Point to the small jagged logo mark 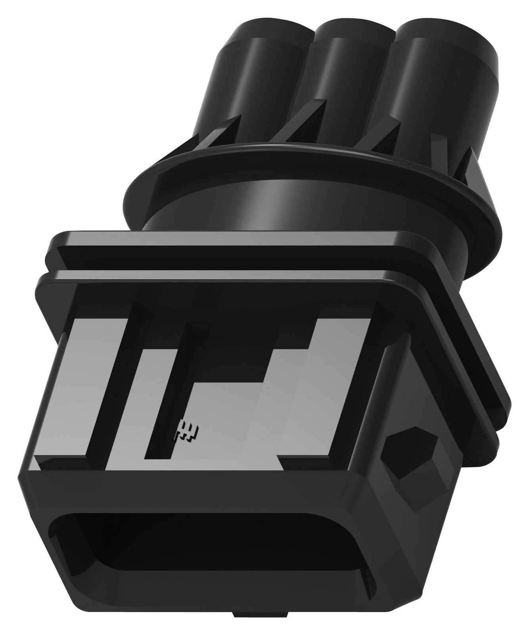click(x=186, y=429)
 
